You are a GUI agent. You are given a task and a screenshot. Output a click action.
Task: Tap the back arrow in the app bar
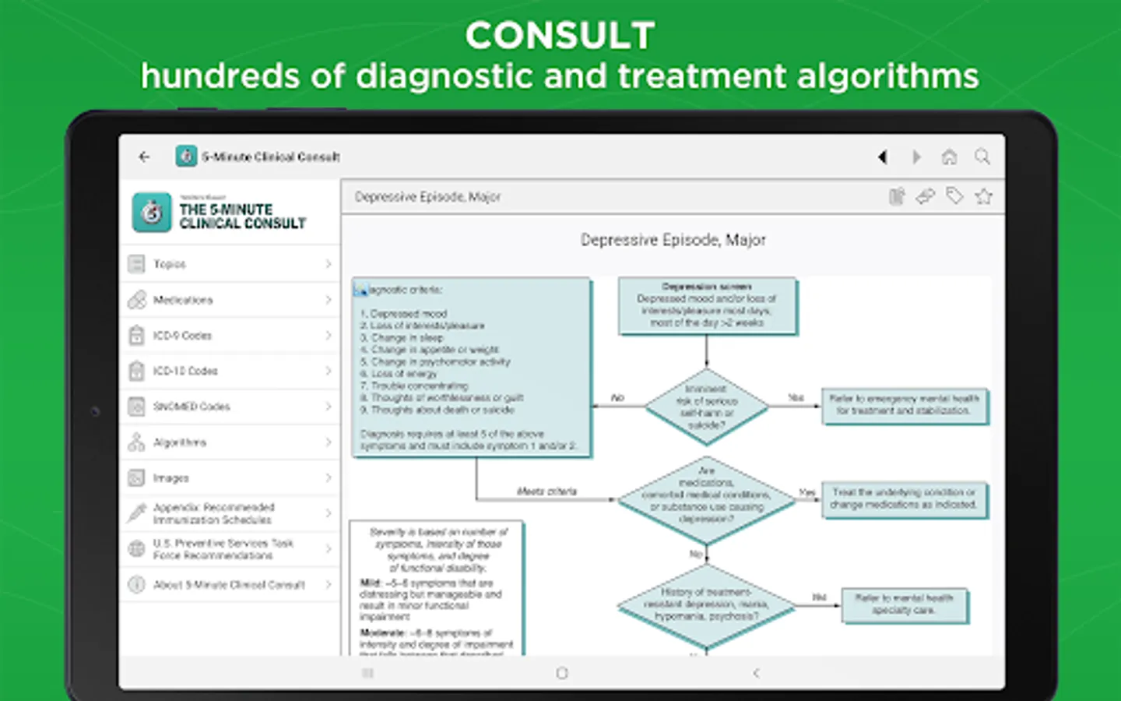(145, 157)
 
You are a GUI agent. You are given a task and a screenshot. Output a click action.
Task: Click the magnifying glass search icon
(982, 157)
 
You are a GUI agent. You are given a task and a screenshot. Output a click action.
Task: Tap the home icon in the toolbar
(949, 157)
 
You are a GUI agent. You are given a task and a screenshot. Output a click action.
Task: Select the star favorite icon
(984, 196)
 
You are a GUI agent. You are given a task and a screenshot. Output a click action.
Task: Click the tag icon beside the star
(954, 196)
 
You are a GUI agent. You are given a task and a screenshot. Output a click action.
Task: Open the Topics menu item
(230, 264)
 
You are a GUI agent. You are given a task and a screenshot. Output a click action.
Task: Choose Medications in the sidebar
(230, 300)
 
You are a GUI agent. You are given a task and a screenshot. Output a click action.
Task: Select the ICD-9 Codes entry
(230, 336)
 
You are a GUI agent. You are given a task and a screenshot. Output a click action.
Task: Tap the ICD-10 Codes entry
(230, 371)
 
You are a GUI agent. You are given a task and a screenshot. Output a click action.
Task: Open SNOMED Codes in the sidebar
(230, 407)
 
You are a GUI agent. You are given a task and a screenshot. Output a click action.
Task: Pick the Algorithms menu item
(230, 442)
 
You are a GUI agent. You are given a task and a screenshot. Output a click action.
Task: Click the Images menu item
(230, 477)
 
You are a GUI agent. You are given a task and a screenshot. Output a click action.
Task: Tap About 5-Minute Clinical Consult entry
(230, 584)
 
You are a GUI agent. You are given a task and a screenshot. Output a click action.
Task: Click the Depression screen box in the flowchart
(707, 305)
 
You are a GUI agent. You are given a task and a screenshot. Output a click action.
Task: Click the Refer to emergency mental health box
(904, 405)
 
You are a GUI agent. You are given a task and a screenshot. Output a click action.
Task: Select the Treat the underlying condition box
(904, 498)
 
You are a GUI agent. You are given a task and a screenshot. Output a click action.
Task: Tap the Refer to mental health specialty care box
(904, 604)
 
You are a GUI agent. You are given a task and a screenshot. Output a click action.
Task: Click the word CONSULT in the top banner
(560, 36)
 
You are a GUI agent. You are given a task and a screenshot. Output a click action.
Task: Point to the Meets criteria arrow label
(546, 491)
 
